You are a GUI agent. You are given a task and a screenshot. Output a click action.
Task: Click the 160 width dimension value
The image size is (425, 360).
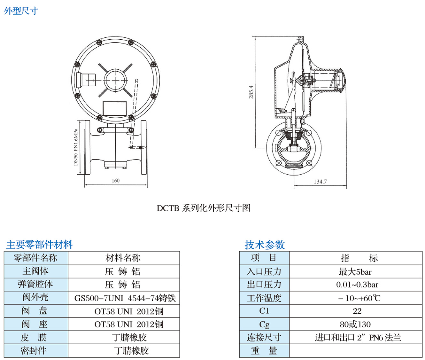(116, 181)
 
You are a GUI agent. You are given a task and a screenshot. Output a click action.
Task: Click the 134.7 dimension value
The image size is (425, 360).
(320, 182)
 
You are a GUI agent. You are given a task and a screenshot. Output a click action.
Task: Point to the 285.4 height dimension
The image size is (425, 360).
(251, 92)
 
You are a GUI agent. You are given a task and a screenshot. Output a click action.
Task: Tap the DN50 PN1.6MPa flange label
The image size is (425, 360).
(76, 147)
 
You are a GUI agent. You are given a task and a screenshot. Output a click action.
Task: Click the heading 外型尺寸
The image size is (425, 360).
(21, 11)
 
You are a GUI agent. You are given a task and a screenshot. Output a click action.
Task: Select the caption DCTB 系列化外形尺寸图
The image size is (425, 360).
(204, 208)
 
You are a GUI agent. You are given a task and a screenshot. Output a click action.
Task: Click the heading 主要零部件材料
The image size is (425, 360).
(40, 245)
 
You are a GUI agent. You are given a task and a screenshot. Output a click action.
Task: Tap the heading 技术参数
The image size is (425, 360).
(265, 245)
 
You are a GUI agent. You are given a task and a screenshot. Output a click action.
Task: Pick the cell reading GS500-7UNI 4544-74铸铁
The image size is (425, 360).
(125, 298)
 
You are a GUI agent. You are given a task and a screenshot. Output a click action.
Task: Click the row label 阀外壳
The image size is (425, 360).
(35, 297)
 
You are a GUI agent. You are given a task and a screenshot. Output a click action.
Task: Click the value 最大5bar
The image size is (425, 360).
(355, 272)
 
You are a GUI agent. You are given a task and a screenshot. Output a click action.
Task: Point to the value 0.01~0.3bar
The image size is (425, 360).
(357, 285)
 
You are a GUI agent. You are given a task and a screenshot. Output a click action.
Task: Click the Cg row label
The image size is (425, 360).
(264, 325)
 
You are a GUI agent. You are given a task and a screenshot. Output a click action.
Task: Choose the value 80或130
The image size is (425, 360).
(355, 325)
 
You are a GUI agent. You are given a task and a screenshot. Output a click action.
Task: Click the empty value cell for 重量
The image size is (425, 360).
(355, 351)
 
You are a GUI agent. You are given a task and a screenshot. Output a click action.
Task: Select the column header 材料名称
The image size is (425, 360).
(123, 258)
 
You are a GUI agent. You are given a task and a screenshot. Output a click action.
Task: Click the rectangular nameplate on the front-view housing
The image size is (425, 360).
(114, 108)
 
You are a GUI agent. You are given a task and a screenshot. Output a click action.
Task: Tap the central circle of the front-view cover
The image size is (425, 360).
(115, 80)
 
